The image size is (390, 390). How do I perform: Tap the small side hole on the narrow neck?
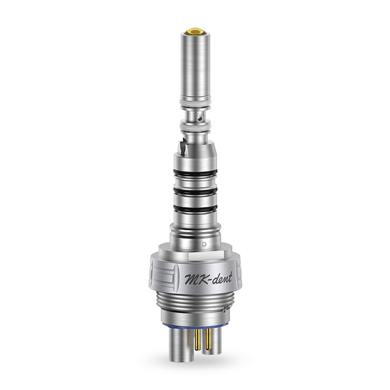tap(200, 118)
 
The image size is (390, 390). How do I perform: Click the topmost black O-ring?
tap(195, 173)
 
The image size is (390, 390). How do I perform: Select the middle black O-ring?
tap(195, 191)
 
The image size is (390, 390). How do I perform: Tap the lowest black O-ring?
tap(195, 209)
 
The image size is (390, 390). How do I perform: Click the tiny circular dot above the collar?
tap(204, 244)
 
